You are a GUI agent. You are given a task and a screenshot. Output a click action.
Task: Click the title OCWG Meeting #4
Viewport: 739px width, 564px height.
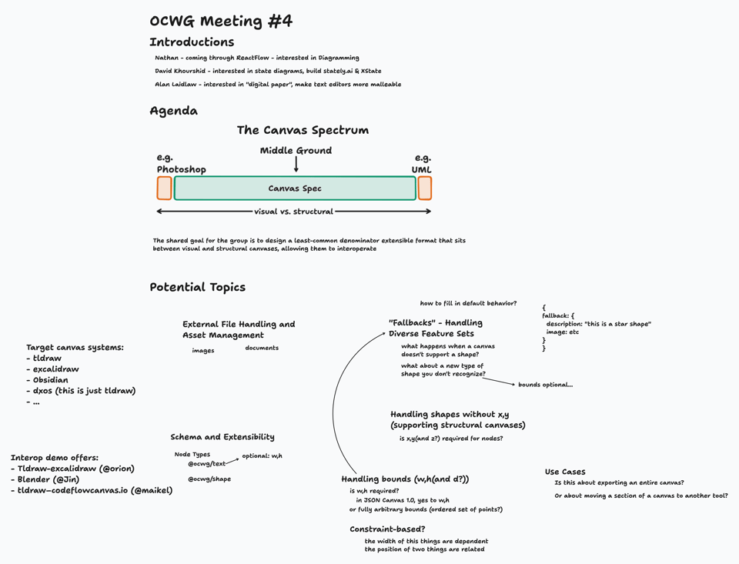click(x=221, y=22)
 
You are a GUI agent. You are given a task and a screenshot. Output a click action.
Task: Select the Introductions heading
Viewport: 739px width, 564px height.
click(x=192, y=42)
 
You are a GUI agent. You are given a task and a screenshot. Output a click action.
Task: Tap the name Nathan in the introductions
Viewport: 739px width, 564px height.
click(x=166, y=58)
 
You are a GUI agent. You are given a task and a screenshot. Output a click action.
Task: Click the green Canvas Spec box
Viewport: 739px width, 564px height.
click(x=295, y=189)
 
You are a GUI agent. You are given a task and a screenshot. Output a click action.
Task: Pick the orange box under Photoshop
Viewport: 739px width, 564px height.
click(x=164, y=189)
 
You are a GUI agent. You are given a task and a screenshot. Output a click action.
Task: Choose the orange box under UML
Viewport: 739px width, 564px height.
click(x=424, y=189)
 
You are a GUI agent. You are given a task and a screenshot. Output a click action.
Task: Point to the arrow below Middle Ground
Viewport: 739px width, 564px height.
click(x=296, y=165)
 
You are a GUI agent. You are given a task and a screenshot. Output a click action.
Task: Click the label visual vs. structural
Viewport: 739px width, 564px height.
click(x=293, y=212)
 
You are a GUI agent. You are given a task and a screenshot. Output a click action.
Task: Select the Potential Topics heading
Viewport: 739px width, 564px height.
click(x=197, y=287)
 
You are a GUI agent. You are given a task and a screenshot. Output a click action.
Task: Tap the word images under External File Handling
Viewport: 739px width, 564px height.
click(x=203, y=351)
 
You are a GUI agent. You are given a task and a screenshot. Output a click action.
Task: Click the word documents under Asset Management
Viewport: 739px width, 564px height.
click(x=262, y=348)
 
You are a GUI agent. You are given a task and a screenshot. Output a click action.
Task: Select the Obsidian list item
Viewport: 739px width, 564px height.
click(x=50, y=380)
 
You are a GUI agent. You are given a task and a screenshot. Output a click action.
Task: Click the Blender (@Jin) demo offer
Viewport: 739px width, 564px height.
click(x=48, y=479)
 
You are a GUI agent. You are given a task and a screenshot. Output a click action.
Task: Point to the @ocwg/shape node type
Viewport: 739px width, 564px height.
click(x=209, y=479)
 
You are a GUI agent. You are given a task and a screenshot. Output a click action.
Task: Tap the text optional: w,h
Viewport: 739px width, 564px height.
click(x=262, y=456)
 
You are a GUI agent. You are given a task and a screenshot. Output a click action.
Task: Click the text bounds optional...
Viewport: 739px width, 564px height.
click(x=545, y=385)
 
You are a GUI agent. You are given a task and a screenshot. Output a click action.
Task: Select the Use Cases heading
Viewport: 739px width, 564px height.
click(x=565, y=472)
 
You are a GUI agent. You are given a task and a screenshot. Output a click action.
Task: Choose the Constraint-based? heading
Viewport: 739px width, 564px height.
click(x=387, y=529)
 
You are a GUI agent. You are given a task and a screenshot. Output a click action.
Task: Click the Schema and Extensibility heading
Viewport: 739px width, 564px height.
click(x=222, y=437)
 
